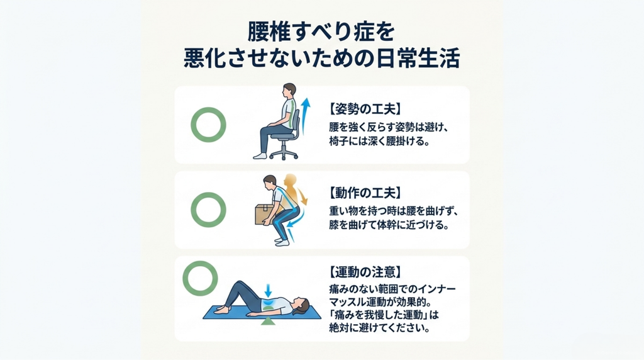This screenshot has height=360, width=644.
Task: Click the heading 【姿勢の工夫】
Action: click(365, 109)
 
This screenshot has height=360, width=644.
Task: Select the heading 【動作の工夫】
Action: click(365, 193)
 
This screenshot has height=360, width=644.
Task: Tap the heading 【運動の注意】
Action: click(365, 272)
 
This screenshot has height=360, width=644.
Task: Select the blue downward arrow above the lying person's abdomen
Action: click(268, 291)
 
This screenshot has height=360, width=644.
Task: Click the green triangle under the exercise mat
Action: click(268, 322)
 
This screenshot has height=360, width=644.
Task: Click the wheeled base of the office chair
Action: click(284, 154)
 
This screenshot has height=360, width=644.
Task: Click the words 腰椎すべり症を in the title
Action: click(321, 32)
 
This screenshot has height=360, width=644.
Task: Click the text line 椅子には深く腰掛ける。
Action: click(379, 142)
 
